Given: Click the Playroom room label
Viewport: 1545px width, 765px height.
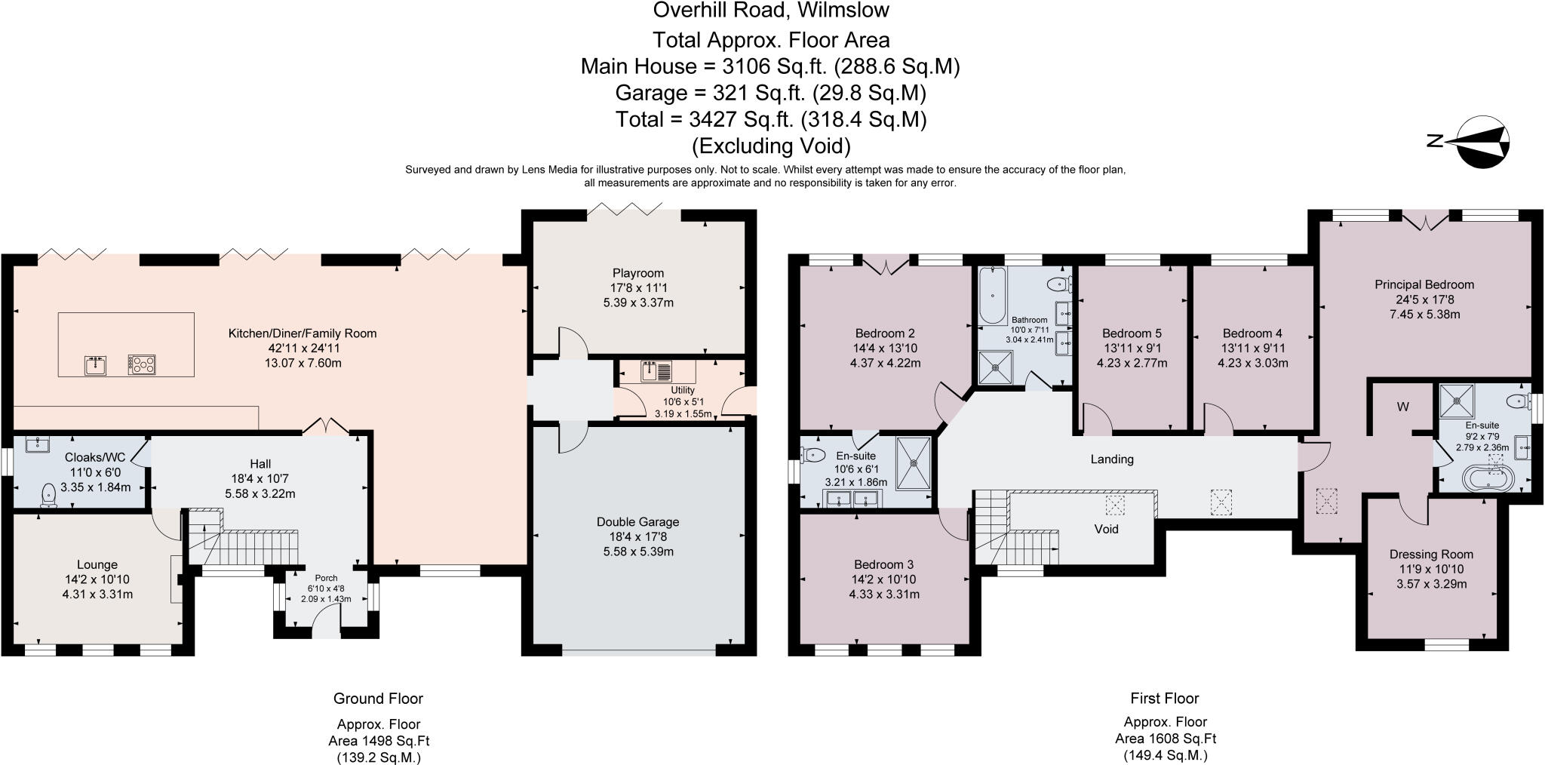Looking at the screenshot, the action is pyautogui.click(x=637, y=273).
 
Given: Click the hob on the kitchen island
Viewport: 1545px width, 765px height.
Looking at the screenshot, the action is pyautogui.click(x=141, y=364).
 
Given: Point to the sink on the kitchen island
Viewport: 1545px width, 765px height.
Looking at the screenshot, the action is pyautogui.click(x=97, y=365).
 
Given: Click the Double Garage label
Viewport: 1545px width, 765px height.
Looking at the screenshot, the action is pyautogui.click(x=637, y=522).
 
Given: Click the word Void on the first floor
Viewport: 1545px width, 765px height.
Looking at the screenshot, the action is pyautogui.click(x=1106, y=529).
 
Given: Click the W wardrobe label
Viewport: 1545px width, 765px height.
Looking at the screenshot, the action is pyautogui.click(x=1403, y=407).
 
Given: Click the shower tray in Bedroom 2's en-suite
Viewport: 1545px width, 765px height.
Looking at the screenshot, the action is pyautogui.click(x=914, y=462).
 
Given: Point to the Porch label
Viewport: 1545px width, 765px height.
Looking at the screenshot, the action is pyautogui.click(x=326, y=578).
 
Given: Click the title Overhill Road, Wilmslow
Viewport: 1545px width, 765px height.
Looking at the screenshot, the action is pyautogui.click(x=771, y=11).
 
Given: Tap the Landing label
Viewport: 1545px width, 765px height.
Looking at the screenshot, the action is pyautogui.click(x=1112, y=459).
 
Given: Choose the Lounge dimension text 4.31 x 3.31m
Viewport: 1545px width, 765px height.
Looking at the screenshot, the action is pyautogui.click(x=97, y=594).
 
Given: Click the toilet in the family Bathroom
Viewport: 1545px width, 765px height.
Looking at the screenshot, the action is pyautogui.click(x=1059, y=284).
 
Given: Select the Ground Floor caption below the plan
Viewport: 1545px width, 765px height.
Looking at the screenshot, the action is pyautogui.click(x=378, y=699).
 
